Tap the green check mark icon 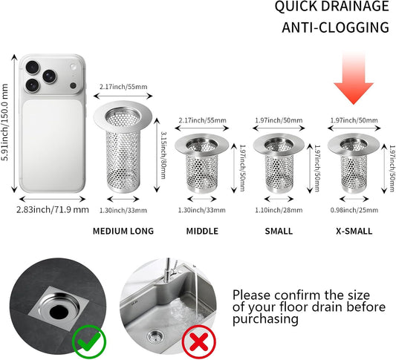point(89,342)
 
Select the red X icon point(199,342)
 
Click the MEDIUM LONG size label point(123,231)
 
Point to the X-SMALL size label point(354,231)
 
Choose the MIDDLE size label point(202,231)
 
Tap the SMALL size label point(279,231)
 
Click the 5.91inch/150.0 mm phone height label point(4,122)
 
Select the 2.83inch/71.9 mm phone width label point(53,209)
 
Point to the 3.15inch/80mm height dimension point(163,155)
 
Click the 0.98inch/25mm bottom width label point(354,210)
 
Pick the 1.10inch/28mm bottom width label point(279,210)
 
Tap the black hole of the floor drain point(59,312)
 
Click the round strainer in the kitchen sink point(155,337)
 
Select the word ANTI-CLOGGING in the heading point(335,27)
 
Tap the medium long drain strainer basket point(123,146)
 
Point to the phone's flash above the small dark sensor point(74,67)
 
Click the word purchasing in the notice point(265,319)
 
